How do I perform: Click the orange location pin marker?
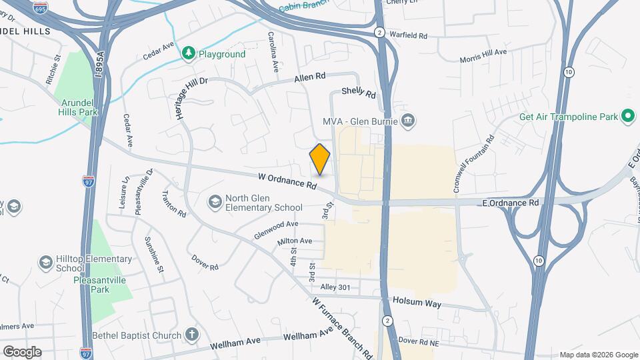[320, 159]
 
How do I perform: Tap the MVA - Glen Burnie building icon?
[409, 121]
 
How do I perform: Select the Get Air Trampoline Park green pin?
[627, 117]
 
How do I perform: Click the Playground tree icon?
[189, 53]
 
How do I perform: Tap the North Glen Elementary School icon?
[215, 201]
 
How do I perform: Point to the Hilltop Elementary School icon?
[46, 262]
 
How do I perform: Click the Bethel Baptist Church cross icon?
[191, 335]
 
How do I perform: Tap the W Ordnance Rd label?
[287, 180]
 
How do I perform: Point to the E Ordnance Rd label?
[510, 202]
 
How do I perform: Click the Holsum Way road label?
[417, 302]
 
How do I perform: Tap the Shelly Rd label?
[359, 93]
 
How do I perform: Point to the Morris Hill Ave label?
[483, 55]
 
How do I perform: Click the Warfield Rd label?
[407, 33]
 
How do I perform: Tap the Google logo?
[22, 351]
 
